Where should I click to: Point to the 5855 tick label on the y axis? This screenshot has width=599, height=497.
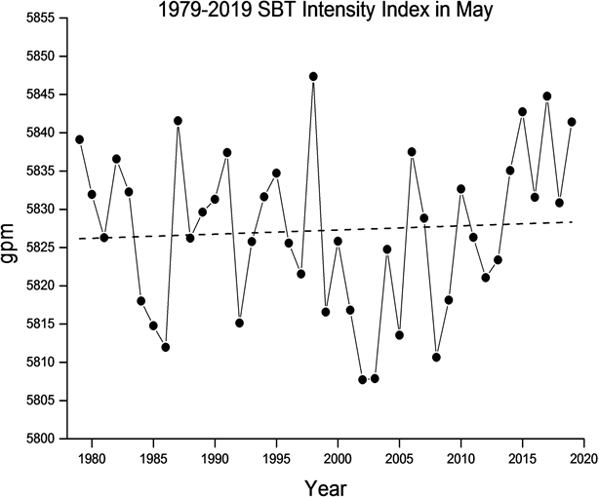click(40, 19)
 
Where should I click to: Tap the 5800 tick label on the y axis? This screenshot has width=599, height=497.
click(40, 439)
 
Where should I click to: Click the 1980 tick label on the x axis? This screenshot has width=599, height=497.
click(92, 455)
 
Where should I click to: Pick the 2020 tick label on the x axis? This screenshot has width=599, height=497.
click(583, 455)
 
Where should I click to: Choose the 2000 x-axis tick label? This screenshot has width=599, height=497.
click(338, 455)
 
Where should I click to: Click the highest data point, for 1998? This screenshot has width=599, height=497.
click(313, 76)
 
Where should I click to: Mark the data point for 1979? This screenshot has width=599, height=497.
click(79, 139)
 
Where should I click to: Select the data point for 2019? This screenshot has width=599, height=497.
click(572, 122)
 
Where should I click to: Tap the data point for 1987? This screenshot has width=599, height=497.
click(178, 121)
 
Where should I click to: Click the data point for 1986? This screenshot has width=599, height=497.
click(166, 347)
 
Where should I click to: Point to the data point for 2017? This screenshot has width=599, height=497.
click(547, 96)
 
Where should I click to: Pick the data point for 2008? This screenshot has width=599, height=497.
click(436, 357)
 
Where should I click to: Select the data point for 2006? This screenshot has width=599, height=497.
click(412, 152)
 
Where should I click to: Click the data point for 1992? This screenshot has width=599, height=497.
click(239, 323)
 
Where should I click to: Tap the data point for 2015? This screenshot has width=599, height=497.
click(523, 111)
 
